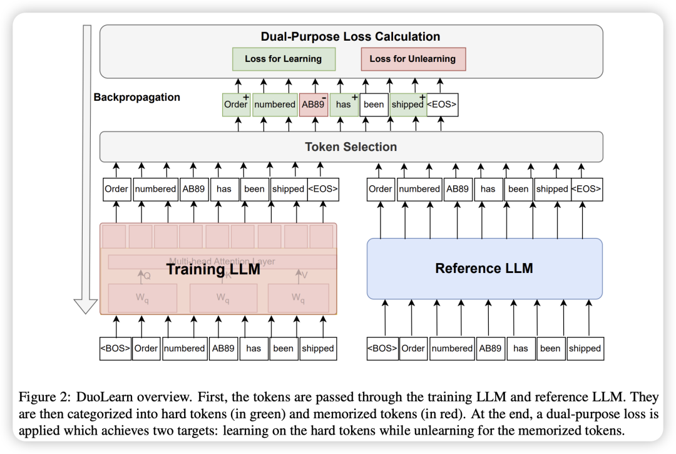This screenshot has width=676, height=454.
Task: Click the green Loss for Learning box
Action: point(283,59)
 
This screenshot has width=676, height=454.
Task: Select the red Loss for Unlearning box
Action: point(412,59)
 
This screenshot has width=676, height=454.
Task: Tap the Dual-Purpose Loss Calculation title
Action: point(351,36)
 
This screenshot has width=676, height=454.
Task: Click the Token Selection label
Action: point(351,147)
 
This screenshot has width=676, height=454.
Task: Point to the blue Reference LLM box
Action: point(484,269)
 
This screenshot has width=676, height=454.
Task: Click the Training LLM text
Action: point(213,270)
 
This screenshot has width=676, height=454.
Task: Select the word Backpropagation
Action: point(136,97)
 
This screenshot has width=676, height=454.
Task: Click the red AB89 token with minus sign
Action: point(313,105)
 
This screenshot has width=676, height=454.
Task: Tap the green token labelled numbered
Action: point(275,105)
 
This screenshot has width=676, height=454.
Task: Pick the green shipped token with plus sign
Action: point(407,105)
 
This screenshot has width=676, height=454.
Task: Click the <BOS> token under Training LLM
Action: point(115,348)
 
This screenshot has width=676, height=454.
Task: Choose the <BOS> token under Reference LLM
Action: point(382,348)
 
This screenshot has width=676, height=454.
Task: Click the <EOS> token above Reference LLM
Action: point(586,188)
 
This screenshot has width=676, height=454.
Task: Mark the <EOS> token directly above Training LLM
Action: point(323,188)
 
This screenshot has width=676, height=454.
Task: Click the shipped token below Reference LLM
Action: point(585,348)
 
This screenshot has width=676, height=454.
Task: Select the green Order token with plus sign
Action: point(236,105)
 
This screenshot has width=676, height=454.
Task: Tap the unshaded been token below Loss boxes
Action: point(374,105)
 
